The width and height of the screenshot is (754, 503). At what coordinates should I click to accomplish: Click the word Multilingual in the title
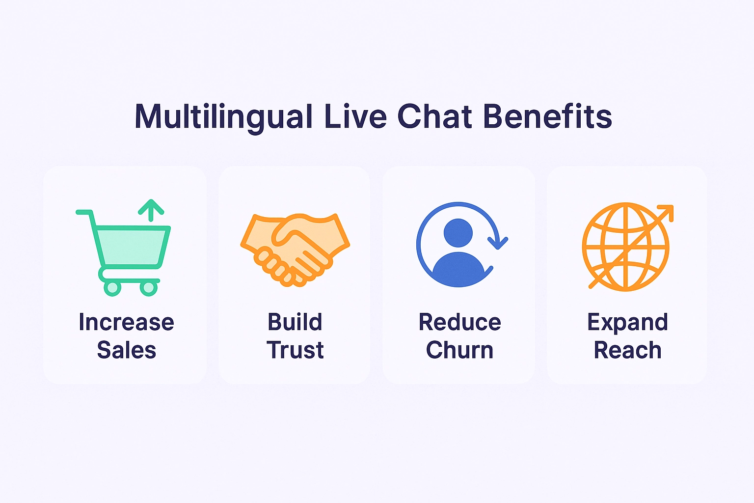[x=224, y=117]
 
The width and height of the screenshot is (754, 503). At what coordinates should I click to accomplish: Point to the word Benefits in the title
[x=547, y=117]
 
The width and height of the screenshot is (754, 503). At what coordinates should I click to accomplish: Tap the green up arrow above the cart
[x=151, y=210]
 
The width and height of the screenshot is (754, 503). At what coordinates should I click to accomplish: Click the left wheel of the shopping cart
[x=112, y=288]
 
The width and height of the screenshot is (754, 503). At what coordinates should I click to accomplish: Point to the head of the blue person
[x=458, y=232]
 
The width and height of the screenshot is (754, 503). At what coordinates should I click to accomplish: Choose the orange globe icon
[x=625, y=247]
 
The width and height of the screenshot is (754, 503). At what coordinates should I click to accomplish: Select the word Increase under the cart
[x=126, y=323]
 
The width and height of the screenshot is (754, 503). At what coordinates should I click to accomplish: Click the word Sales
[x=126, y=350]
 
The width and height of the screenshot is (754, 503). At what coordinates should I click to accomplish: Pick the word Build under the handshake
[x=295, y=323]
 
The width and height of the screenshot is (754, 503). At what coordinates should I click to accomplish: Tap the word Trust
[x=295, y=350]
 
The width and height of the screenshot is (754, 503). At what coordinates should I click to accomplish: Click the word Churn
[x=459, y=350]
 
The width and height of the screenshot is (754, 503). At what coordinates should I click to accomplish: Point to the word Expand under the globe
[x=627, y=323]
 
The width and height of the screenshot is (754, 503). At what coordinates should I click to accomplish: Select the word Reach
[x=627, y=350]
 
